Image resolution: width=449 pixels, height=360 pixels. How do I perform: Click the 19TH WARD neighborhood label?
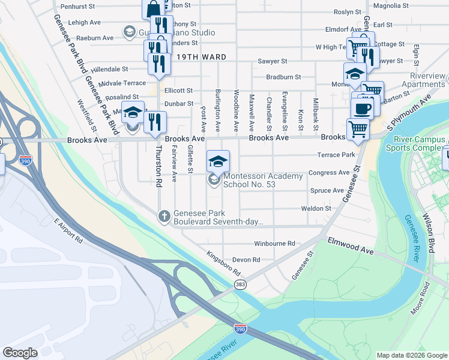pos(201,57)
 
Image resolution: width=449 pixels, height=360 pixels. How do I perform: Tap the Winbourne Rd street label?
pos(274,244)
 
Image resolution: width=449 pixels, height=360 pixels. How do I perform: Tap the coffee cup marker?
pos(363,109)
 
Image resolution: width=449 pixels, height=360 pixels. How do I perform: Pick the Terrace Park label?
pos(337,155)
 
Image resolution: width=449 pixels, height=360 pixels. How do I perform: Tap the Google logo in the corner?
pos(20,353)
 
